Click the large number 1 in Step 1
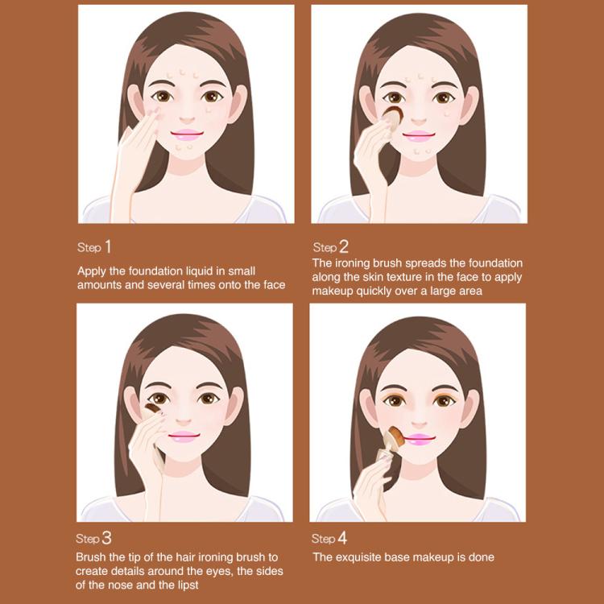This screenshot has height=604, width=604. [x=109, y=246]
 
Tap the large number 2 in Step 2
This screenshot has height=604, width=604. [x=344, y=246]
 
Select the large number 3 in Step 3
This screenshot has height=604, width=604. [x=107, y=537]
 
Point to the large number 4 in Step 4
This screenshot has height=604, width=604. [x=343, y=537]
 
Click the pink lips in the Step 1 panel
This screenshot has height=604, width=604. [x=186, y=134]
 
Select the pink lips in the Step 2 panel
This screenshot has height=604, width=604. [x=419, y=135]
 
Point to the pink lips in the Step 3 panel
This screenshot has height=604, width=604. [x=184, y=436]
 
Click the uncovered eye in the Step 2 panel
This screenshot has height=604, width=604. [x=444, y=98]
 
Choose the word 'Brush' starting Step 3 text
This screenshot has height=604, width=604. [x=92, y=556]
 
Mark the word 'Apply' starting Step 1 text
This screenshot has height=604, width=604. [x=93, y=271]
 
